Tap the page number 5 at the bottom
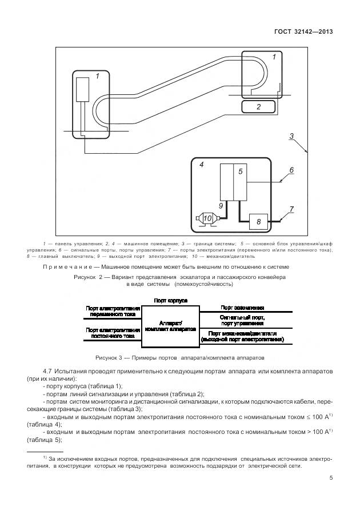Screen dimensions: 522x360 [331, 479]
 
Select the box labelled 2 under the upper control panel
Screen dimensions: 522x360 [258, 106]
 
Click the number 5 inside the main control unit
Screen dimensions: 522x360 [241, 171]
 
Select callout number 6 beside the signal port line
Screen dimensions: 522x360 [291, 170]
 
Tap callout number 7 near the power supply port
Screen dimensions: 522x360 [291, 209]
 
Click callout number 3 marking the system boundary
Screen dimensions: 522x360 [291, 136]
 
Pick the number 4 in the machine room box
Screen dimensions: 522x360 [201, 164]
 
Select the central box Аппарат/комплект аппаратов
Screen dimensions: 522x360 [171, 326]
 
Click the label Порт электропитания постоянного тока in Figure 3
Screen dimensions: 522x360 [113, 333]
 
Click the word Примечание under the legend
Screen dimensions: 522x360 [64, 266]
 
